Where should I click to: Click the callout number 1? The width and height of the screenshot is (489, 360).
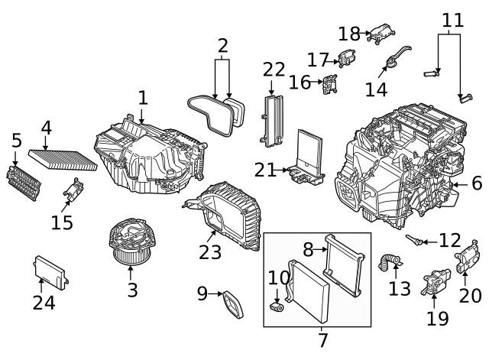click(x=142, y=97)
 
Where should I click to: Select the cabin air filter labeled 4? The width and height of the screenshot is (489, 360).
click(x=63, y=157)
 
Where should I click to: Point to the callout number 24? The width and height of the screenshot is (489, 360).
click(x=44, y=303)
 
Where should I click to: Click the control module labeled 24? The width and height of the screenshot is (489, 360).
click(x=49, y=270)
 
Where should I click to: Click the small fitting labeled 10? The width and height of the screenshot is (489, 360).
click(x=277, y=307)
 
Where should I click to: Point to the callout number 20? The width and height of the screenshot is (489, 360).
click(x=471, y=294)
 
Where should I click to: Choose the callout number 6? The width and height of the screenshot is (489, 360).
click(x=477, y=183)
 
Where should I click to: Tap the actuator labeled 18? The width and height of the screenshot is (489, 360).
click(x=380, y=34)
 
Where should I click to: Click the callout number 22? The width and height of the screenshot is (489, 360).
click(x=274, y=70)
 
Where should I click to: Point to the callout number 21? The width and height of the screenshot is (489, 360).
click(x=264, y=170)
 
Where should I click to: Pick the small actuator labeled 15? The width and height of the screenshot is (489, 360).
click(x=75, y=190)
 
